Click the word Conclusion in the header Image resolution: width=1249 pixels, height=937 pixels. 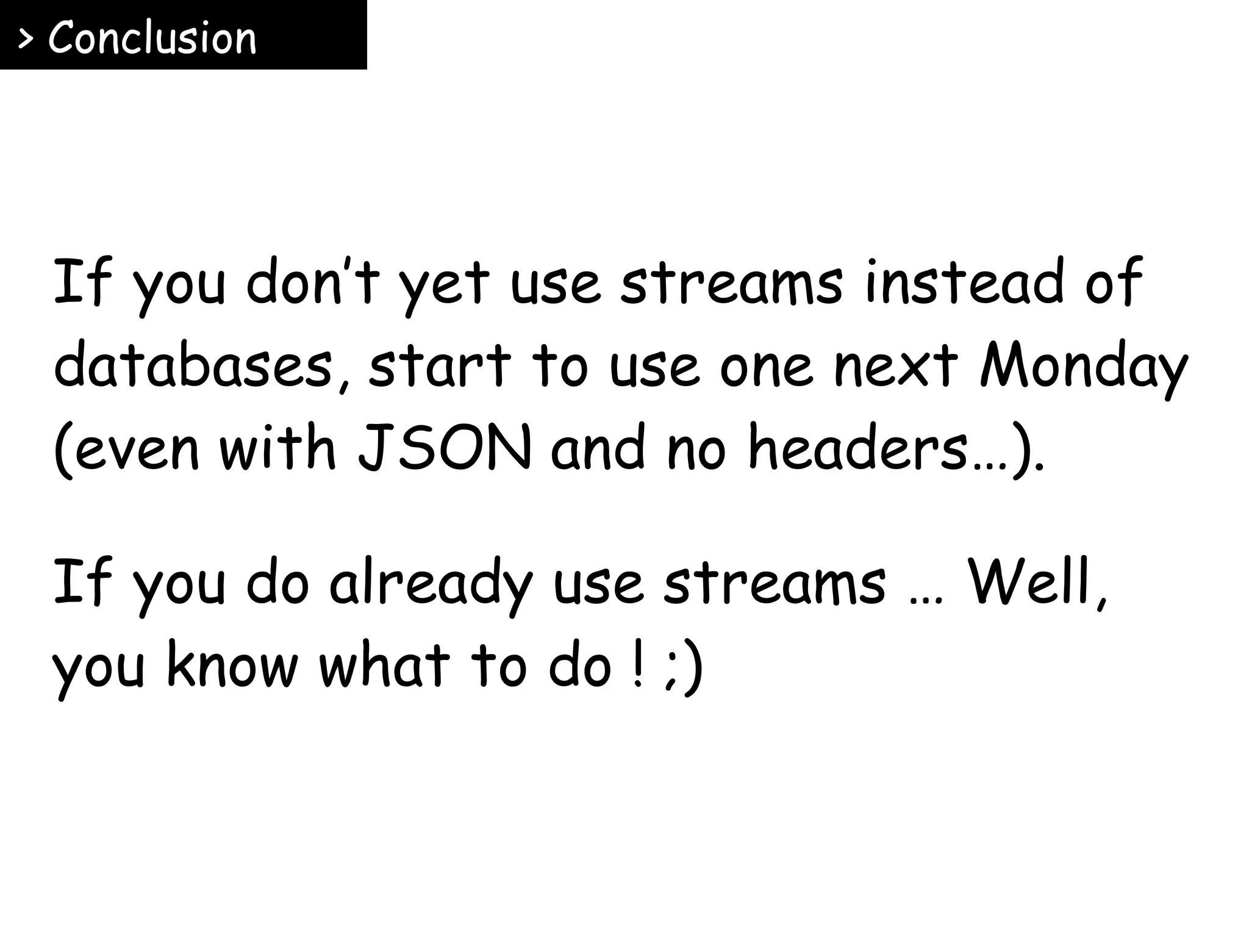tap(152, 38)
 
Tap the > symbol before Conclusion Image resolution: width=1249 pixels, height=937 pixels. tap(26, 39)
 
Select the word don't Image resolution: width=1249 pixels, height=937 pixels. tap(313, 282)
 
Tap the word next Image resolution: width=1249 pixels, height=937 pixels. tap(896, 366)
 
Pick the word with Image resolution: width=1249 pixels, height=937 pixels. tap(278, 448)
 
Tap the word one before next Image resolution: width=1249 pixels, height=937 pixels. tap(766, 368)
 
